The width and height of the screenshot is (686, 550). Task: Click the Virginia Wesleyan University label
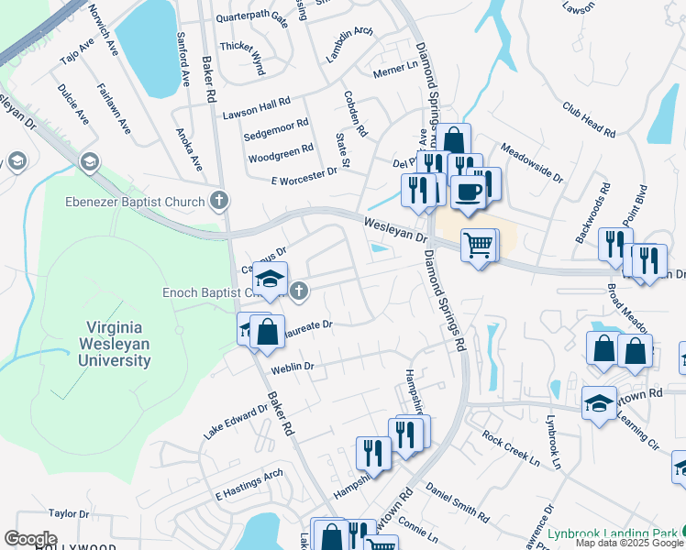pos(118,344)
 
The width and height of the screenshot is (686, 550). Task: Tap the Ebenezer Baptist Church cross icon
pos(218,200)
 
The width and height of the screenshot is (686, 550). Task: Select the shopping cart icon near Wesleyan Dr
pos(479,246)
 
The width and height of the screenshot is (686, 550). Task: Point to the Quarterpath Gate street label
pos(251,17)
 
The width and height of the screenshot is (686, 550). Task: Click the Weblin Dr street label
pos(293,367)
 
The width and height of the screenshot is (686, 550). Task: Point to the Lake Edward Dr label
pos(236,421)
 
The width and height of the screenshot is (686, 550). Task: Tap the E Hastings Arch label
pos(248,486)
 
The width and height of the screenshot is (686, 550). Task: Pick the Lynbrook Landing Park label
pos(612,533)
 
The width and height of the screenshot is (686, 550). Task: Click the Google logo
pos(29,539)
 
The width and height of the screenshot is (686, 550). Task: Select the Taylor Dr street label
pos(68,514)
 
